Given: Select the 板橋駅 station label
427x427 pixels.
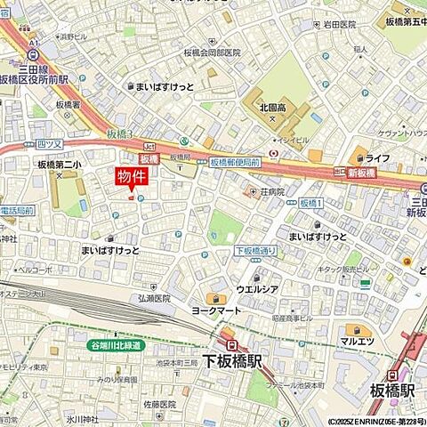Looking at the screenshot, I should [x=392, y=390].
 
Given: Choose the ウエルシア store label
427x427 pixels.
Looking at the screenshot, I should [x=258, y=290].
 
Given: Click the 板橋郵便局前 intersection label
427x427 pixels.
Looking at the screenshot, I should [x=235, y=163].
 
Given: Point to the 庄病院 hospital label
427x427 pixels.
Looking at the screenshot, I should [x=270, y=191].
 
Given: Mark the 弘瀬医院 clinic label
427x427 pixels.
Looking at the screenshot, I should [x=154, y=299].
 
